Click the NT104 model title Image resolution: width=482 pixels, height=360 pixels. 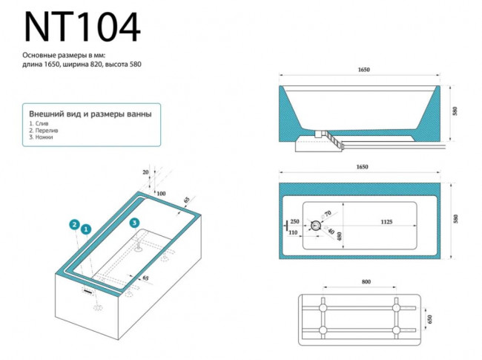82,27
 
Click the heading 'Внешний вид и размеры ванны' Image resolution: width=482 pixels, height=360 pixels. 90,114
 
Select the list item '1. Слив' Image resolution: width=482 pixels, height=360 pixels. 39,124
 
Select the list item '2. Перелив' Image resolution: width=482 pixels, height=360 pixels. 42,131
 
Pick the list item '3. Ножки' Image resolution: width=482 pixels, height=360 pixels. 41,137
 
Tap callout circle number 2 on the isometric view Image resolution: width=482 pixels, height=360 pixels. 74,223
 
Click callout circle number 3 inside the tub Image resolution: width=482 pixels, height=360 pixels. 134,222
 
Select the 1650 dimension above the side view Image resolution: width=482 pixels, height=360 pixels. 363,71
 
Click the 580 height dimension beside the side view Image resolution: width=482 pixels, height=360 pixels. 455,111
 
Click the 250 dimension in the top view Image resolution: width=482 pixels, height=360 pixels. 295,221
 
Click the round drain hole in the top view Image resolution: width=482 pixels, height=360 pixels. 316,226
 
